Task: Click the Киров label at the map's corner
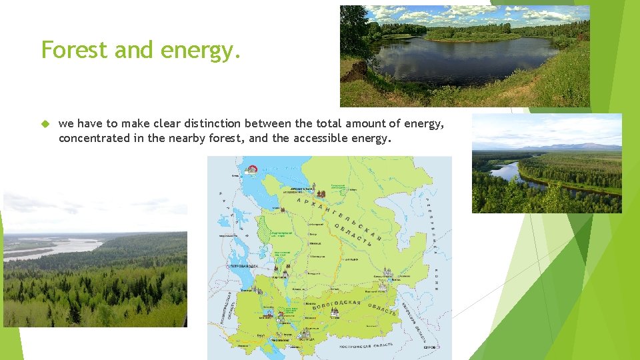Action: coord(430,347)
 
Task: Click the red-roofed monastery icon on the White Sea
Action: coord(252,169)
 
